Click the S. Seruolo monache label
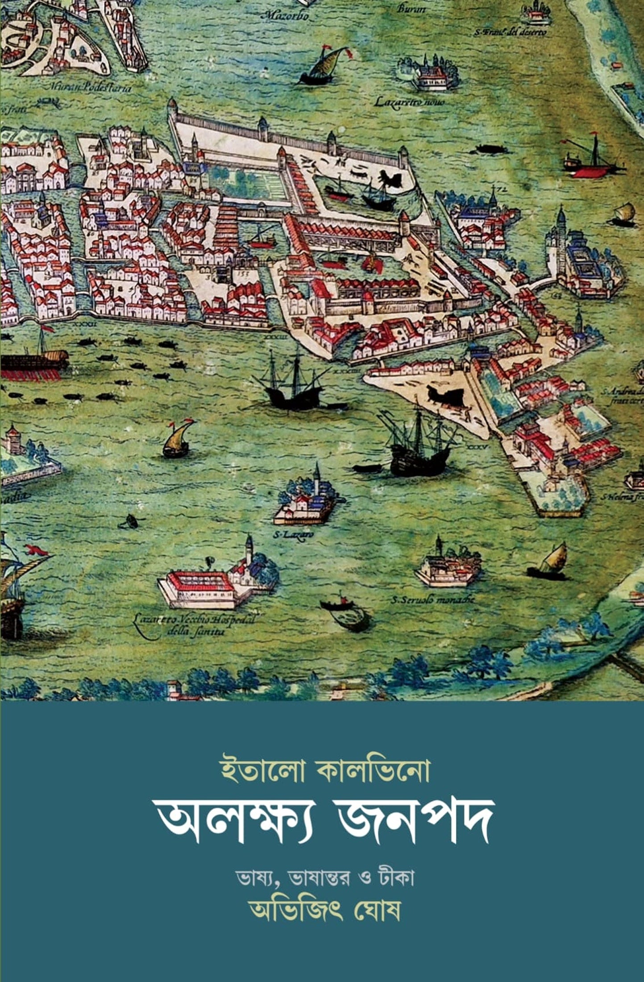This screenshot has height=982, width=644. click(432, 599)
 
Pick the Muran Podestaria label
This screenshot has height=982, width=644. click(91, 88)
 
